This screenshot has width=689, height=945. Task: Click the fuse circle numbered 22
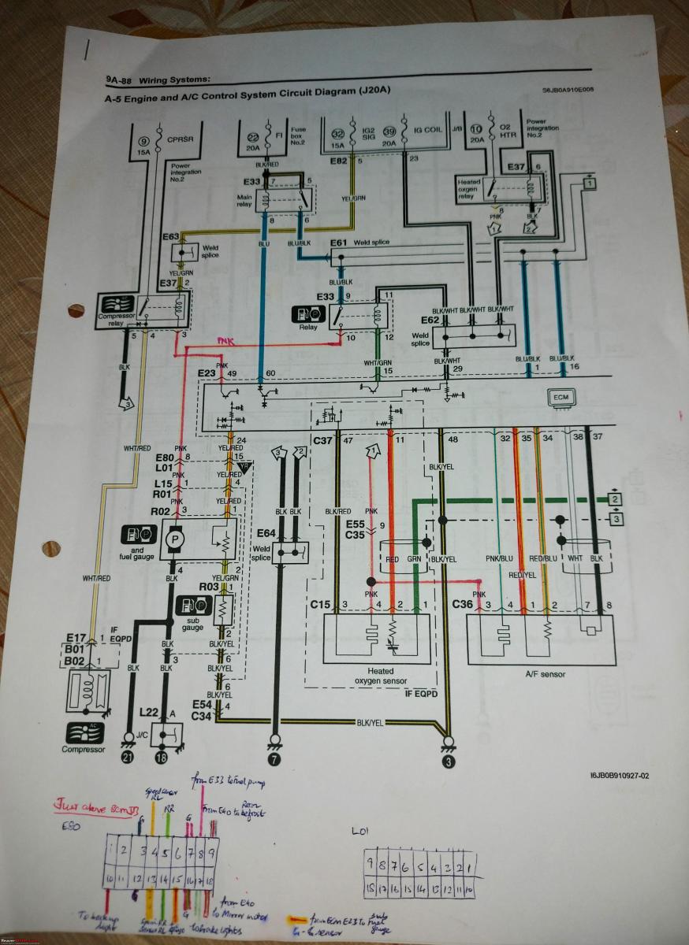tap(254, 137)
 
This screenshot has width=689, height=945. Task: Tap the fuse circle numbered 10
tap(476, 129)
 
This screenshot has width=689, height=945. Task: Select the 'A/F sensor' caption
tap(544, 674)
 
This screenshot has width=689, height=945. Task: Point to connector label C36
tap(463, 605)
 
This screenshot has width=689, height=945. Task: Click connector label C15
tap(320, 605)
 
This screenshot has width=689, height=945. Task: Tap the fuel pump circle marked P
tap(173, 541)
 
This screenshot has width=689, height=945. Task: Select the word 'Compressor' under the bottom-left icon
tap(83, 749)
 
